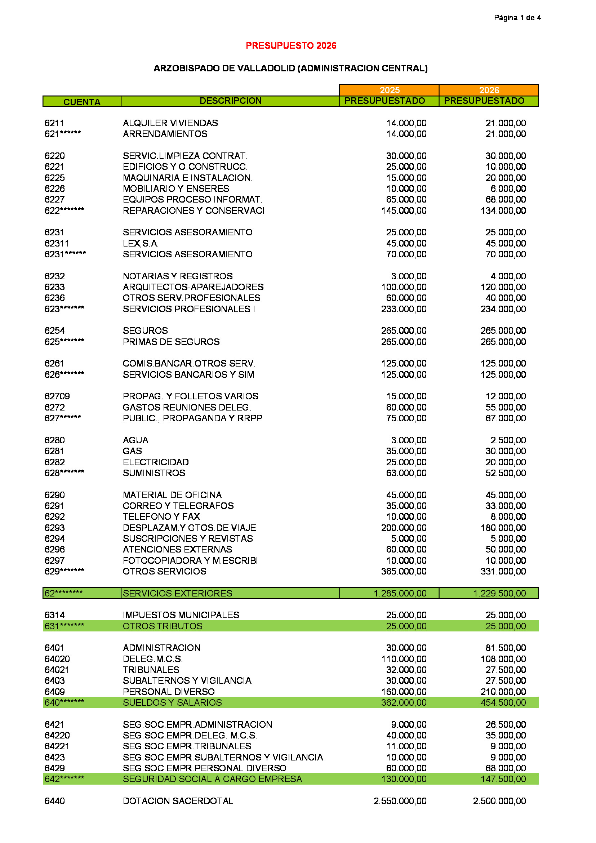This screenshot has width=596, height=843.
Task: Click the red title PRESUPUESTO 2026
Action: (291, 45)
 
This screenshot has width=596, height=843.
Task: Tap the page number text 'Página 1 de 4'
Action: (517, 18)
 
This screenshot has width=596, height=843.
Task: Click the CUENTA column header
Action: (82, 102)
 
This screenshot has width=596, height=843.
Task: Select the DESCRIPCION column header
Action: (231, 101)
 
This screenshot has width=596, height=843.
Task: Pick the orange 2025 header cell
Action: (390, 90)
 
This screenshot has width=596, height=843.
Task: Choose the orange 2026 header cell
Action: (489, 90)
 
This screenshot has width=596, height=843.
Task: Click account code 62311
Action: (57, 243)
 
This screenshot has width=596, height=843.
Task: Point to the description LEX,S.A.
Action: (141, 243)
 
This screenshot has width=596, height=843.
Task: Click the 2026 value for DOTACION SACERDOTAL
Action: (499, 801)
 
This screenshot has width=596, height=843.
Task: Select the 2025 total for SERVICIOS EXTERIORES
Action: (400, 593)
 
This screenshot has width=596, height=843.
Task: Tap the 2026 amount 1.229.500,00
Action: (499, 593)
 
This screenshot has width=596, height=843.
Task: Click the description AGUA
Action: (135, 440)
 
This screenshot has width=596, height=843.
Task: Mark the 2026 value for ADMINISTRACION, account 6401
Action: (505, 648)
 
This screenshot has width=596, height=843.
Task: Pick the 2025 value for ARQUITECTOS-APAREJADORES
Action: (404, 287)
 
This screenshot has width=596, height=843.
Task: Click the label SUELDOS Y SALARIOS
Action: (172, 702)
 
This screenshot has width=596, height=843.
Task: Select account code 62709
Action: (57, 396)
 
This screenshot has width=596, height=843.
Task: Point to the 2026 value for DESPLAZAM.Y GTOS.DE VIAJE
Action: (503, 528)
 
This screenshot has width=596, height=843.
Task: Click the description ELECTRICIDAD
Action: (156, 462)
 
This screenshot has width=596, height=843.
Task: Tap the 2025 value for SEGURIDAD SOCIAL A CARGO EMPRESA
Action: (404, 779)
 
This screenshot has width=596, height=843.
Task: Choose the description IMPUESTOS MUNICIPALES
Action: (181, 615)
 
